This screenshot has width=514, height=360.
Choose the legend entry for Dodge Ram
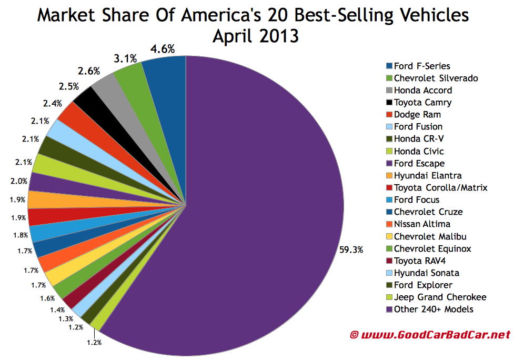coord(417,114)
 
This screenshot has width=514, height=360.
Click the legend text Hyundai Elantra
coord(428,175)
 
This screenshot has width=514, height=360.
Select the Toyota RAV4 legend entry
coord(419,261)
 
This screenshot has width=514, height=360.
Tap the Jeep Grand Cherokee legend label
coord(440,297)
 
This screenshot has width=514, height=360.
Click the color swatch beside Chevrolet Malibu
coord(389,236)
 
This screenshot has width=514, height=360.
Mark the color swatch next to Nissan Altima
coord(389,224)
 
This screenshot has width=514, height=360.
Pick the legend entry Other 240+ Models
coord(434,309)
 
